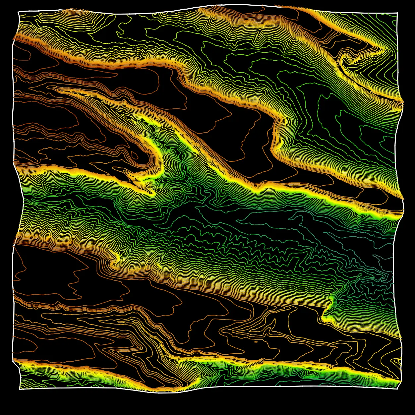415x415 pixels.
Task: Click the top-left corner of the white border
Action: click(x=19, y=12)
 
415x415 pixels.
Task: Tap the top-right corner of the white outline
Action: click(x=397, y=13)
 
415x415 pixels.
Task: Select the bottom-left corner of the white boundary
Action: click(x=20, y=389)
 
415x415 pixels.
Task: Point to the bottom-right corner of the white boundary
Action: click(x=397, y=389)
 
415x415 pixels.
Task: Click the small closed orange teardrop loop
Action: click(x=135, y=155)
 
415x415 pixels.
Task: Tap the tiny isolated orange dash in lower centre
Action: click(x=255, y=342)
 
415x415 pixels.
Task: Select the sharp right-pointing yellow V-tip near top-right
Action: click(x=385, y=50)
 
